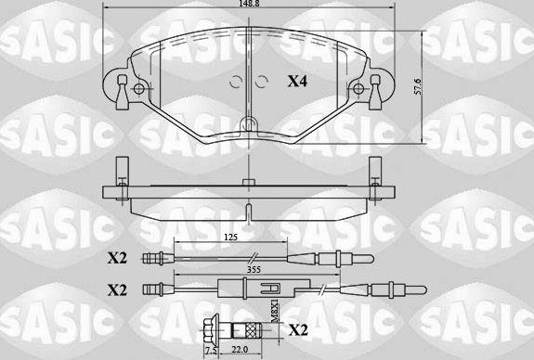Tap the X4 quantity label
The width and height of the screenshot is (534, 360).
pos(297,82)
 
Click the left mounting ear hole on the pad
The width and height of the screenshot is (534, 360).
pos(139,90)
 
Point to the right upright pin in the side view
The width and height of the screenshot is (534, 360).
pos(376,172)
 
